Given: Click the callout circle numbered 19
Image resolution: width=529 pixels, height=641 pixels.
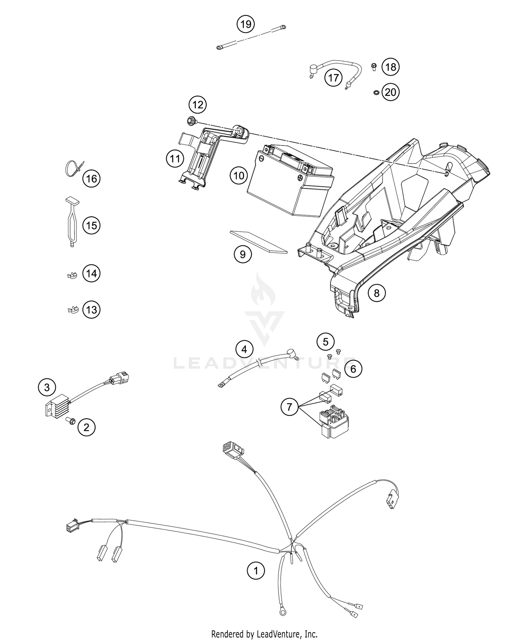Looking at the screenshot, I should [x=246, y=24].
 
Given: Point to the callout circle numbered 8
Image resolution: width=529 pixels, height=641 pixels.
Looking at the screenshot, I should [x=377, y=293].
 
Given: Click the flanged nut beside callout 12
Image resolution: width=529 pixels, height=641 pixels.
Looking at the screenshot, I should [x=191, y=121].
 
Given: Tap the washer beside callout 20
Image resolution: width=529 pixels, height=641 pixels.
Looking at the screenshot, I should [x=376, y=93].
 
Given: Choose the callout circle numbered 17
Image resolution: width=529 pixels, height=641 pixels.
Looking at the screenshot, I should [x=333, y=77].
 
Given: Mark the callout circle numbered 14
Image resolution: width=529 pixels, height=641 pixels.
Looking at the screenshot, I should [x=91, y=273].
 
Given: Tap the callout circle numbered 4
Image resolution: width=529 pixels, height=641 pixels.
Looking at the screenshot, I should [x=244, y=350].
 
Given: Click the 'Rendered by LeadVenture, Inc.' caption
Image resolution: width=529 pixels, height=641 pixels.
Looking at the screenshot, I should [x=264, y=634].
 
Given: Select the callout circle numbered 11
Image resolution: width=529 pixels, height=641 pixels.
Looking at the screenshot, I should [x=175, y=159].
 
